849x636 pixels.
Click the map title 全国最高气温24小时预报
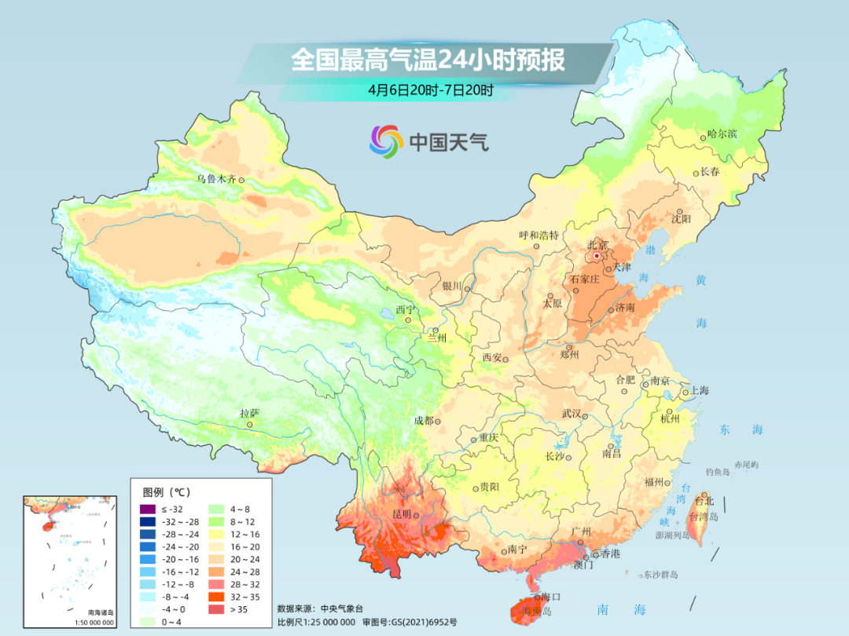pyautogui.click(x=428, y=60)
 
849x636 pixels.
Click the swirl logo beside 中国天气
pyautogui.click(x=386, y=141)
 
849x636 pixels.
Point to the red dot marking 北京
pyautogui.click(x=597, y=255)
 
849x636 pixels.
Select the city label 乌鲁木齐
pyautogui.click(x=216, y=179)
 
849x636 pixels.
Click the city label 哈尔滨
pyautogui.click(x=722, y=134)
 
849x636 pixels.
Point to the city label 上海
pyautogui.click(x=699, y=391)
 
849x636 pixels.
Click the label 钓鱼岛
pyautogui.click(x=718, y=471)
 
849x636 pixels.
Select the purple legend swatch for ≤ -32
pyautogui.click(x=146, y=510)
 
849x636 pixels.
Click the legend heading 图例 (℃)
pyautogui.click(x=166, y=492)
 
